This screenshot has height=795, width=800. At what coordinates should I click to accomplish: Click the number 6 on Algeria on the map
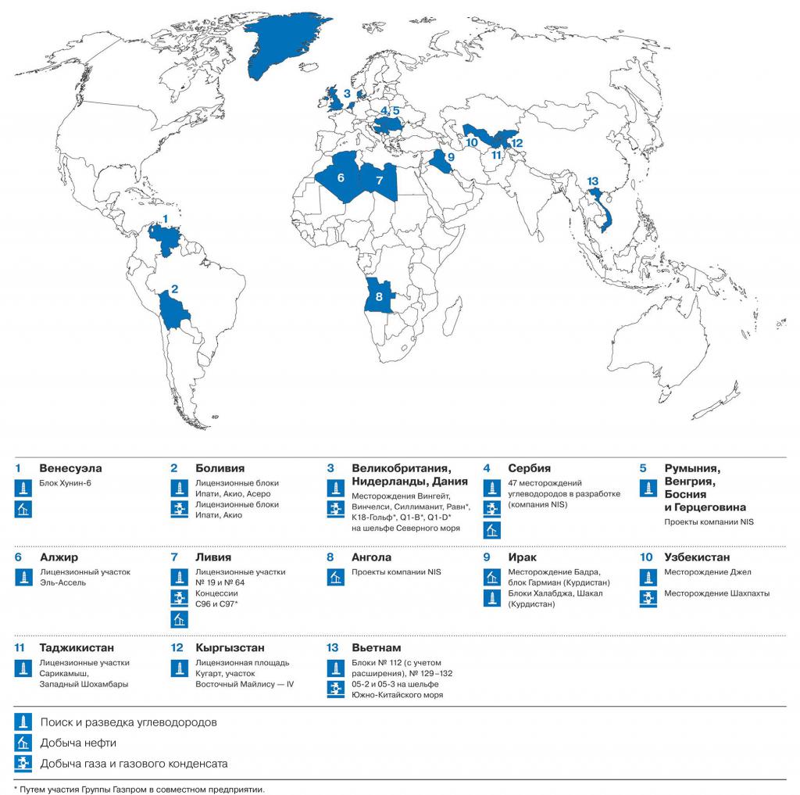(x=341, y=177)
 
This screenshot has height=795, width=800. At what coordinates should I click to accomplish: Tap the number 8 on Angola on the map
(x=379, y=296)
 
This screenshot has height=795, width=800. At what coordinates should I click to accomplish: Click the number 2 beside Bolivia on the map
(x=175, y=288)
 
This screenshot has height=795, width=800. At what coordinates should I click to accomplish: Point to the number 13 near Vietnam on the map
(x=593, y=182)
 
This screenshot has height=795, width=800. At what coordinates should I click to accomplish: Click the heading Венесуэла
(x=70, y=468)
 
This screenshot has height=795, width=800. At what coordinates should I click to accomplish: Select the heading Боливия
(x=220, y=468)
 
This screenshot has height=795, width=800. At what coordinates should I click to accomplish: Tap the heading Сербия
(x=529, y=468)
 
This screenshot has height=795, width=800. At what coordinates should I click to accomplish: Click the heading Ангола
(x=371, y=557)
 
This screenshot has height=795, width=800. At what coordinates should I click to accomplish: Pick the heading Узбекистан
(x=697, y=557)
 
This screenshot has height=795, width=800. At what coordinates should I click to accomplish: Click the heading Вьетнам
(x=376, y=648)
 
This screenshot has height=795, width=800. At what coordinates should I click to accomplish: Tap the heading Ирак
(x=522, y=557)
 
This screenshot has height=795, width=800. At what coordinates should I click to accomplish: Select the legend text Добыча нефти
(x=78, y=743)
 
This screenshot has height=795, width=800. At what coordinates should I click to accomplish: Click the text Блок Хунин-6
(x=66, y=483)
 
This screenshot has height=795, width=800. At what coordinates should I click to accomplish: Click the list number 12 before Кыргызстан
(x=177, y=648)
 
